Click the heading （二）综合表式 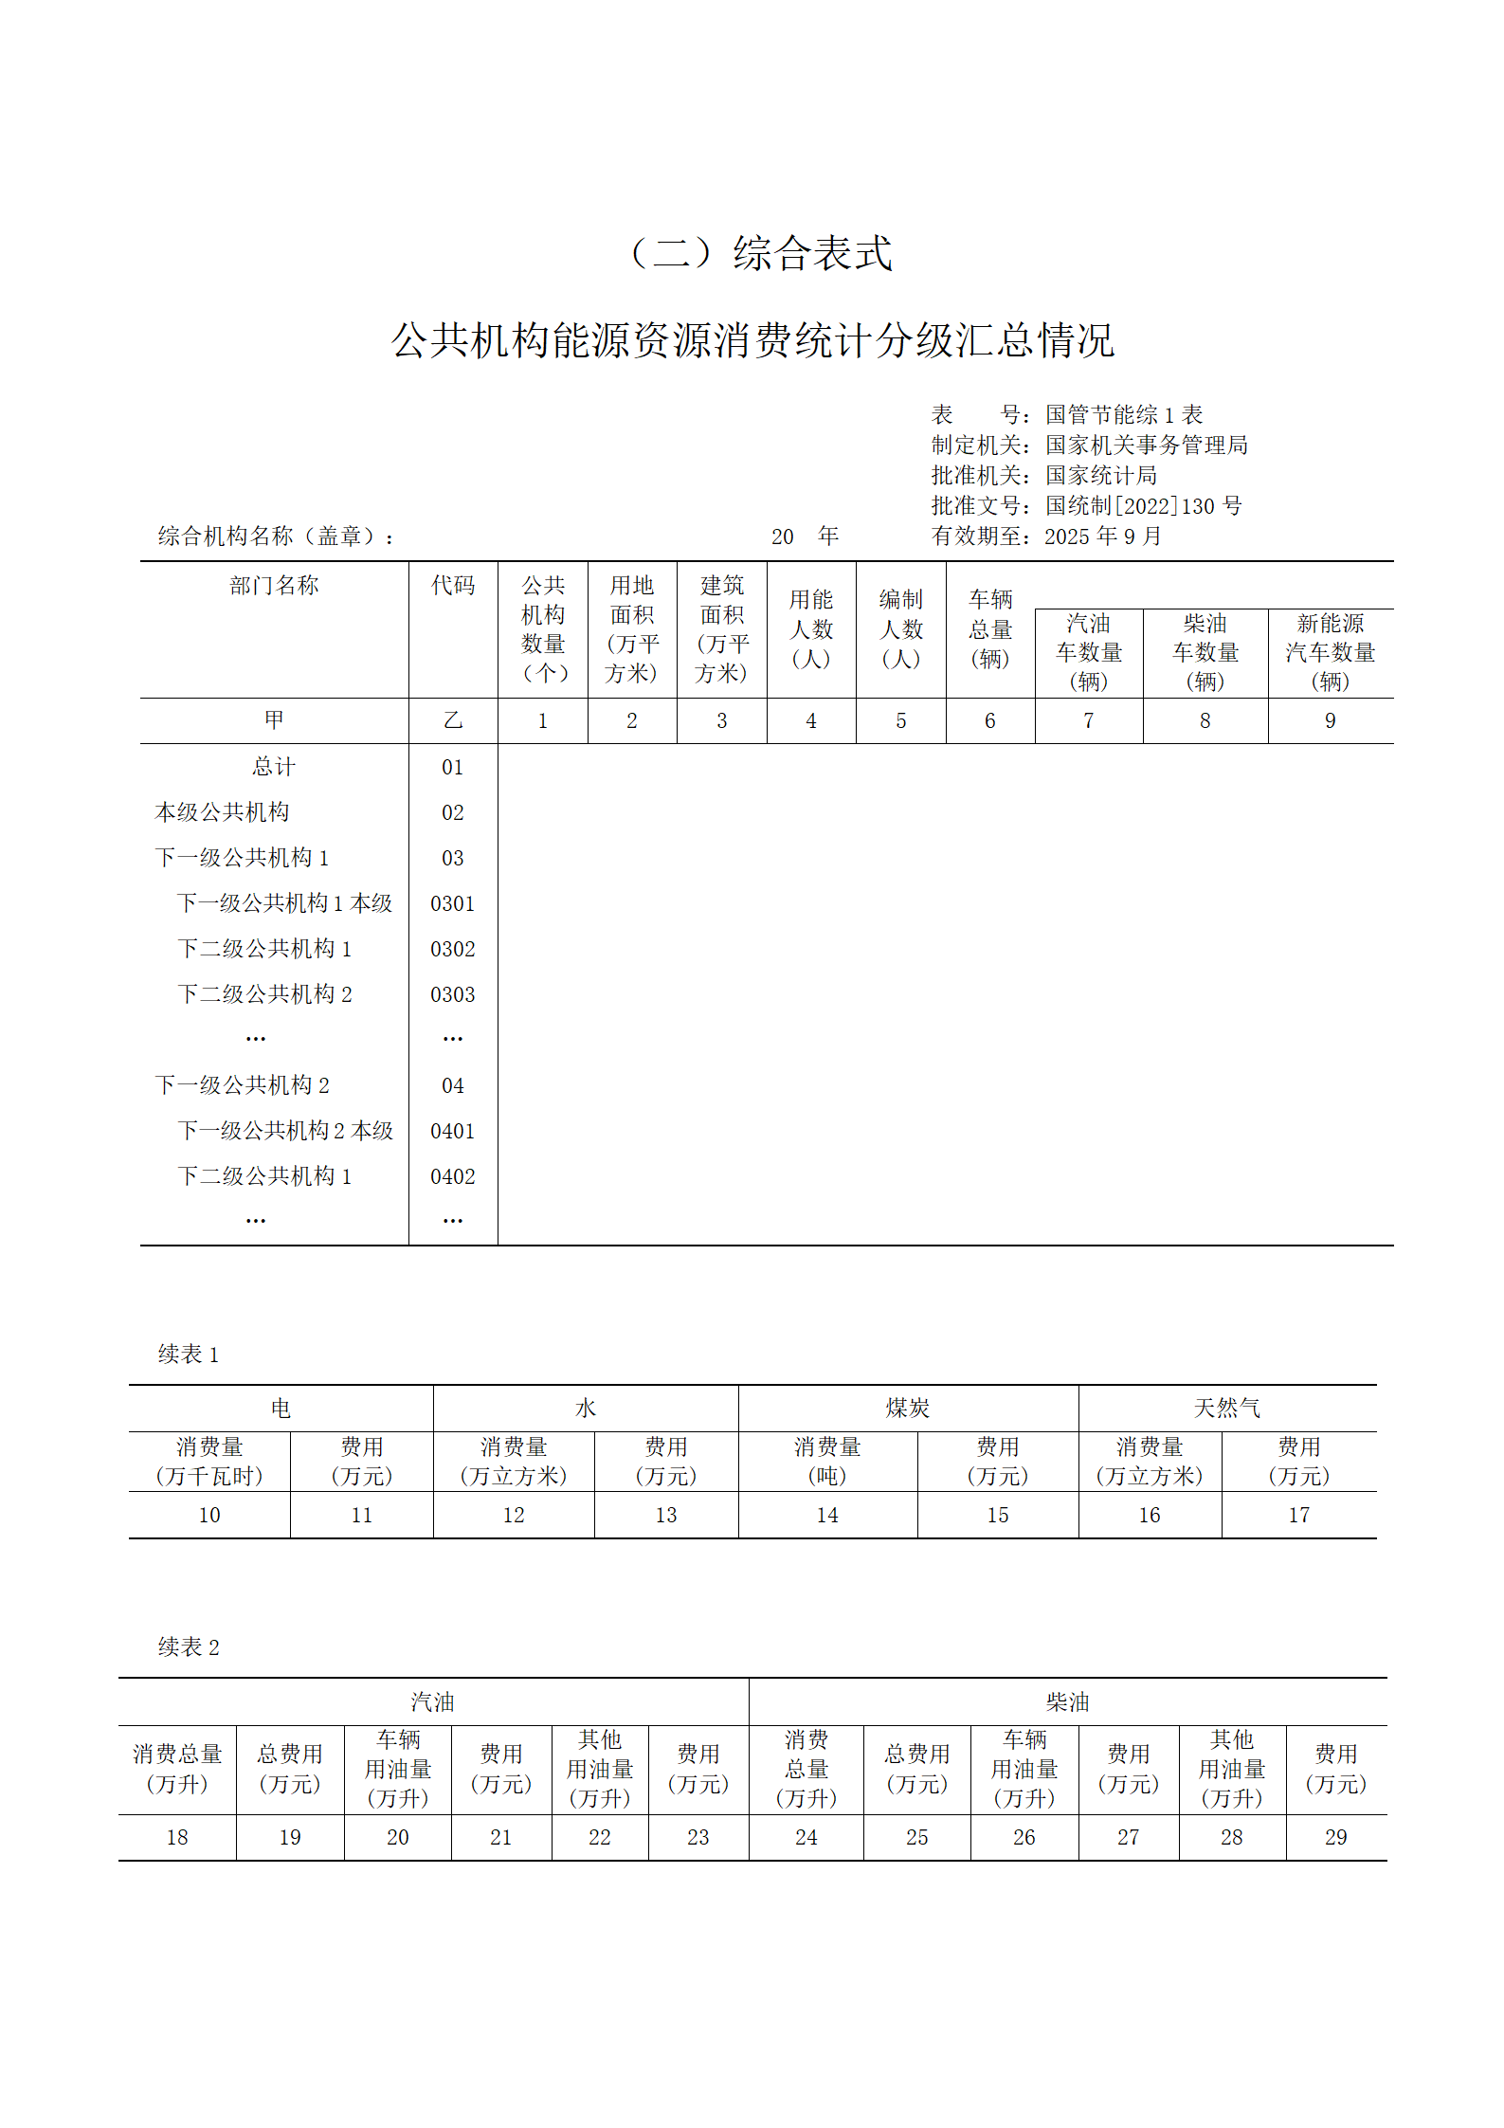coord(761,253)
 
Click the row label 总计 coord(274,767)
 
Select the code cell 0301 coord(452,903)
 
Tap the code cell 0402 coord(452,1176)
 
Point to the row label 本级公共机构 coord(222,812)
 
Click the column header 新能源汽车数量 coord(1330,652)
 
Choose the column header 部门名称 coord(274,586)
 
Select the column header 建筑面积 coord(721,628)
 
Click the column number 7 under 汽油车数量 coord(1088,721)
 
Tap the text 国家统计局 coord(1100,476)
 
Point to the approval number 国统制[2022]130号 coord(1143,506)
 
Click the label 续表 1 coord(188,1355)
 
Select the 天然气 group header coord(1226,1409)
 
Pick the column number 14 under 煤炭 coord(826,1516)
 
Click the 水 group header coord(585,1409)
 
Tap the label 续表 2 coord(188,1647)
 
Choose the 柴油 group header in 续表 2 coord(1067,1702)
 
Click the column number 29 coord(1335,1838)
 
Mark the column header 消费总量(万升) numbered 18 coord(177,1769)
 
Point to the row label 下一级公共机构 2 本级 coord(284,1131)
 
